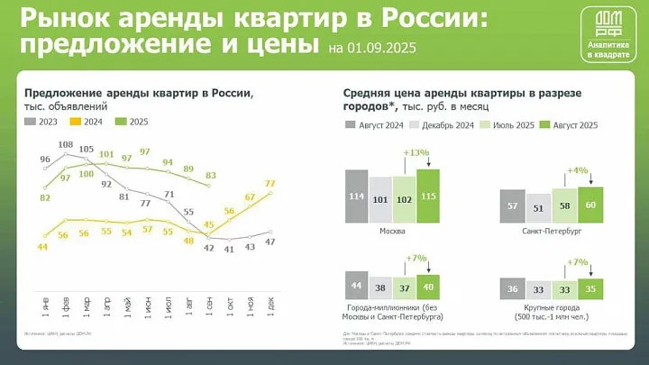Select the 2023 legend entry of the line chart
tap(44, 122)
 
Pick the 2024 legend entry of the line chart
tap(89, 122)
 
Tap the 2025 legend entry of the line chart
tap(133, 122)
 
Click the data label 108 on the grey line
tap(66, 145)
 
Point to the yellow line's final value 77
tap(270, 184)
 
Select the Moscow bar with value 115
tap(427, 196)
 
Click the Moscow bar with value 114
tap(356, 196)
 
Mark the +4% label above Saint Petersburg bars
tap(578, 170)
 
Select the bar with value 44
tap(356, 287)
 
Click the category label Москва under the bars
tap(391, 231)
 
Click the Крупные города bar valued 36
tap(512, 289)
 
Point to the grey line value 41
tap(229, 249)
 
